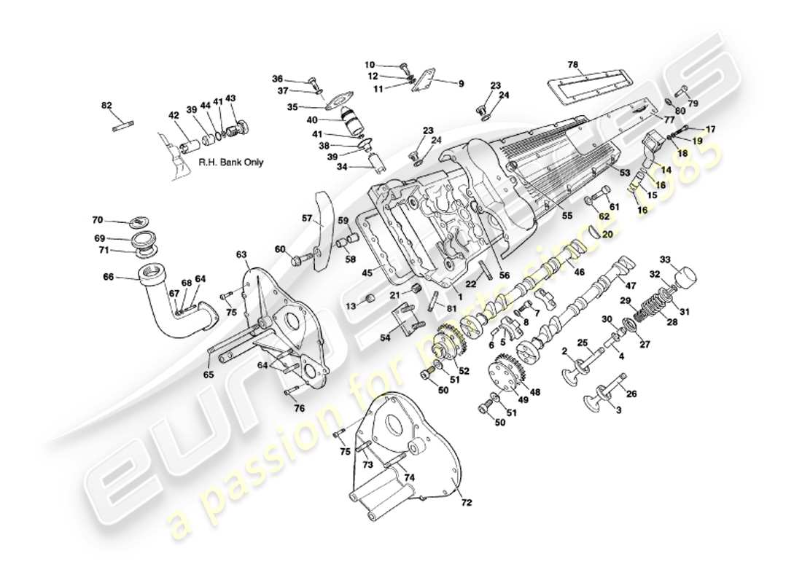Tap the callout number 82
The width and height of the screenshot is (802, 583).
point(107,106)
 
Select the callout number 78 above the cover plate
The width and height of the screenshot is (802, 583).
point(573,65)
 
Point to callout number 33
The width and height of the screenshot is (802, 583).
point(665,259)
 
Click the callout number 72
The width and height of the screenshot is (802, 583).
point(467,503)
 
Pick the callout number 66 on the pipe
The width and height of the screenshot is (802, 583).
point(108,277)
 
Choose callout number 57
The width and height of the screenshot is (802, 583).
point(307,217)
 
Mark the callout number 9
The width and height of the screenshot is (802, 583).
point(461,84)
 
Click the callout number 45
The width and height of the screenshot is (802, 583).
point(348,273)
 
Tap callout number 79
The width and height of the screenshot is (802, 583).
point(693,104)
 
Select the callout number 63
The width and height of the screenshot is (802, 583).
point(242,254)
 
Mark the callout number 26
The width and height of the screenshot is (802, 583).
point(631,394)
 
